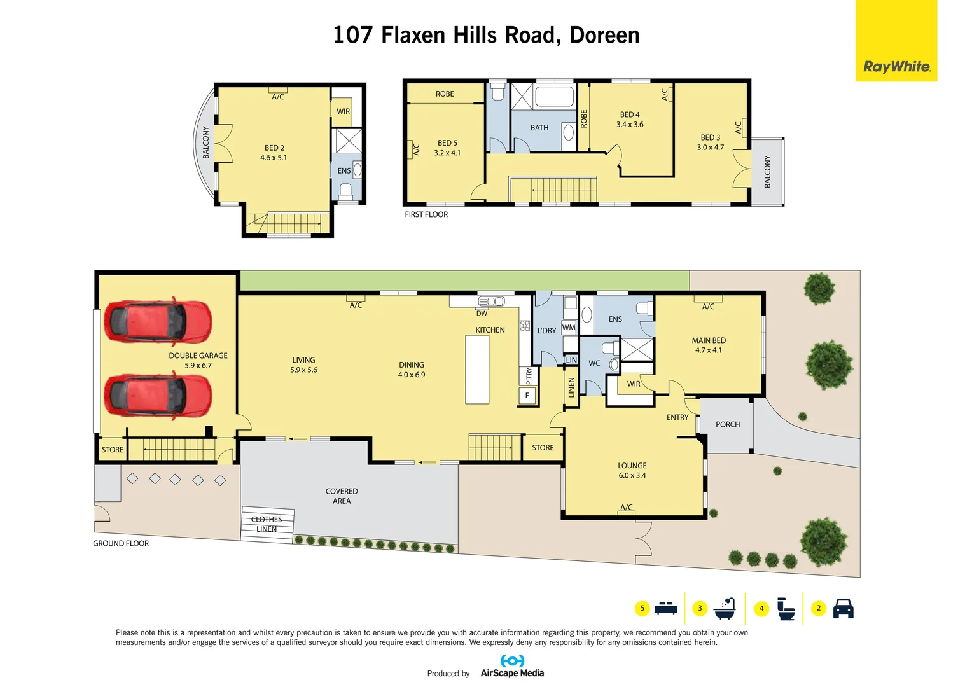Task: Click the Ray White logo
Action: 896,66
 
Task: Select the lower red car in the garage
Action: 157,395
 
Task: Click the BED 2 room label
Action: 274,153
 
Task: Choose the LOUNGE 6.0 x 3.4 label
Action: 632,470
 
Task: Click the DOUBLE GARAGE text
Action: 198,356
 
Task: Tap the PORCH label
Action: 728,424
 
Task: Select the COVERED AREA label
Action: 342,496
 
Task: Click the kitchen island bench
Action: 477,370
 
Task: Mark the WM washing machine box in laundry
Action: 569,328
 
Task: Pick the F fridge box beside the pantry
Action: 527,396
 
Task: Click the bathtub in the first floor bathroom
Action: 554,97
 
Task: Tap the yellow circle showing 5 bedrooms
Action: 642,609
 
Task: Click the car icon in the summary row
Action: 843,609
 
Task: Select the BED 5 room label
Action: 447,148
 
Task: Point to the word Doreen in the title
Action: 604,35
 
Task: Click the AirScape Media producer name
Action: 512,673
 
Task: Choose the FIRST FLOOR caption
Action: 426,214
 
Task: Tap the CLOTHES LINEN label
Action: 267,524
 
